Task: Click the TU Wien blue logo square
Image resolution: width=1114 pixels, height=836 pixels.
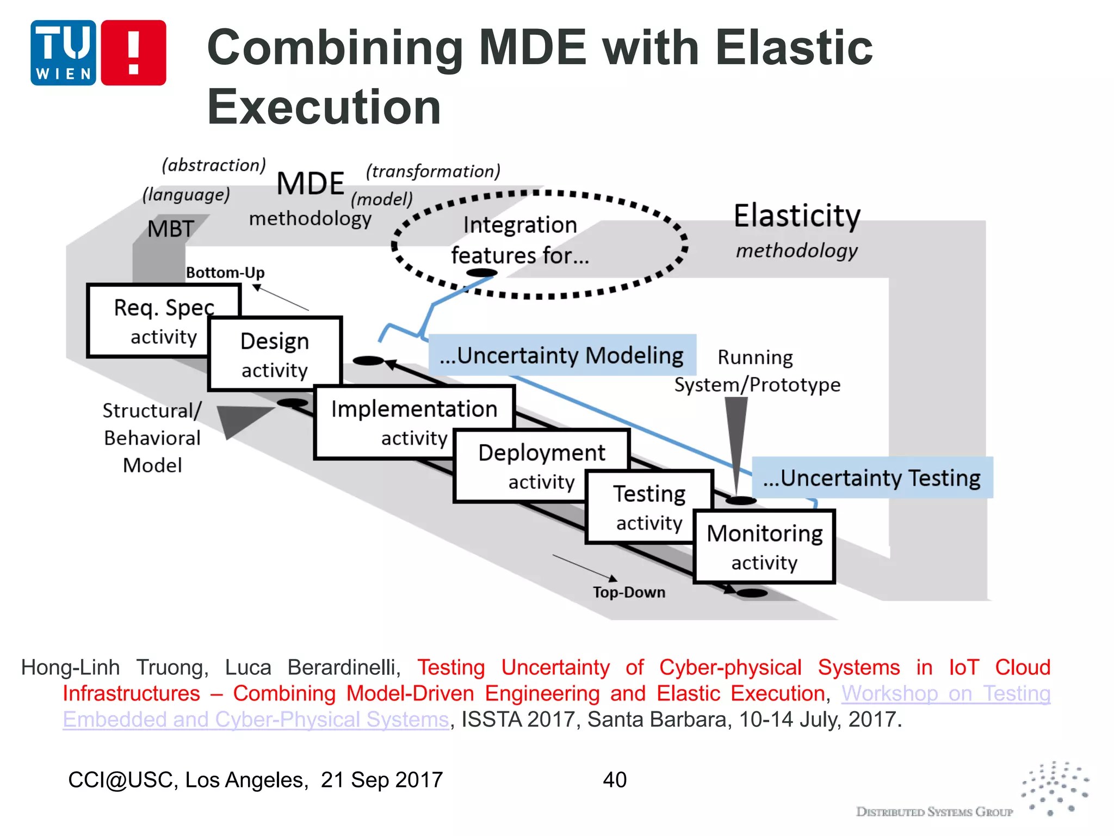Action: (63, 53)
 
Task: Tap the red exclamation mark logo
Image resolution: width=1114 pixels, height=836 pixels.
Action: (133, 53)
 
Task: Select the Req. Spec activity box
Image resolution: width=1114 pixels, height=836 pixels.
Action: (152, 321)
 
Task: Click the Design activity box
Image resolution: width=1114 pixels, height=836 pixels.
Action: (275, 354)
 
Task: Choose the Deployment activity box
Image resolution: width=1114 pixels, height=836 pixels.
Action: (541, 465)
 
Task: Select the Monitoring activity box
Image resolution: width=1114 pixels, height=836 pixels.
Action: (764, 546)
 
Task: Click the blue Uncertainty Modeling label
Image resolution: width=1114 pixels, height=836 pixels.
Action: (562, 355)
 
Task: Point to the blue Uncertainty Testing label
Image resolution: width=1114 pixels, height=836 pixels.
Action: (872, 478)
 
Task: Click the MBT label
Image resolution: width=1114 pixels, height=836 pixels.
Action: (171, 229)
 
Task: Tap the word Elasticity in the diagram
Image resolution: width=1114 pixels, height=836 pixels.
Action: (797, 216)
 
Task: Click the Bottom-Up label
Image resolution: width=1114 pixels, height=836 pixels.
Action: (225, 272)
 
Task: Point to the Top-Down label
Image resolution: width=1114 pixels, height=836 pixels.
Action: (629, 592)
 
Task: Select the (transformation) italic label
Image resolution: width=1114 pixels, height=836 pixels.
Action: (433, 171)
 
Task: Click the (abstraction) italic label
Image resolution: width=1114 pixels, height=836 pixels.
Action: (214, 165)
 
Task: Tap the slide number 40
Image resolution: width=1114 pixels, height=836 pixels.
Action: (615, 779)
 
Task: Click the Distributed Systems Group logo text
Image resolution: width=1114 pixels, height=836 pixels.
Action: (934, 812)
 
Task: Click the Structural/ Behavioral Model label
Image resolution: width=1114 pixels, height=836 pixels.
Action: (152, 438)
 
